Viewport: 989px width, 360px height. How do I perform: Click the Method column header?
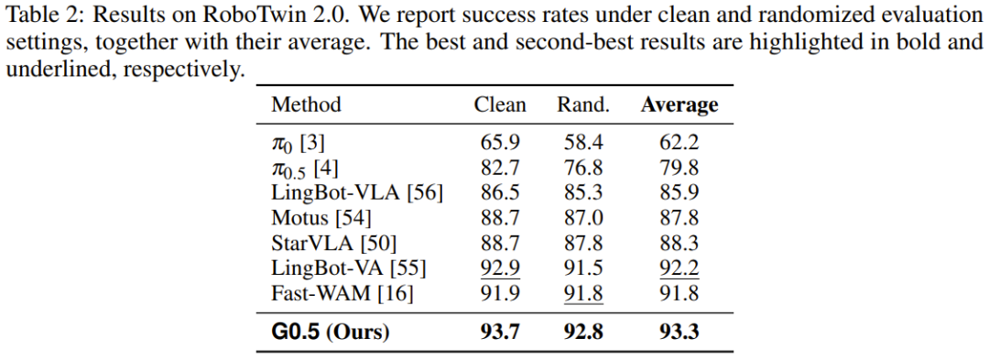306,104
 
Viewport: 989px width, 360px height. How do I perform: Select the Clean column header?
500,104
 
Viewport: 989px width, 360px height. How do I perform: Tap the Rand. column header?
582,104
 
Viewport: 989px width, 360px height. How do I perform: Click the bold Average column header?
679,105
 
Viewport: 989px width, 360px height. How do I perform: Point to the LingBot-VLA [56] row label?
357,193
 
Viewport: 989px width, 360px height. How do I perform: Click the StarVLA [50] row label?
334,244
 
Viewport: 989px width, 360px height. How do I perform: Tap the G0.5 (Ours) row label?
330,333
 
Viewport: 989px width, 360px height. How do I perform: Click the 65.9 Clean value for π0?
500,143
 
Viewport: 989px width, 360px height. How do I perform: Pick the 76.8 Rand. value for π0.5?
583,169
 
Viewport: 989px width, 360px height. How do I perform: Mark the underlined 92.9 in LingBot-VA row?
500,269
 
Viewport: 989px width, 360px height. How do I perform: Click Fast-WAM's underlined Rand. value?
583,294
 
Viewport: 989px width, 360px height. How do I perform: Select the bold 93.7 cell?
500,333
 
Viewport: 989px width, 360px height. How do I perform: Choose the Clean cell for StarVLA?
500,244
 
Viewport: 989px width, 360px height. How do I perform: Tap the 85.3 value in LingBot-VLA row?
583,193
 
